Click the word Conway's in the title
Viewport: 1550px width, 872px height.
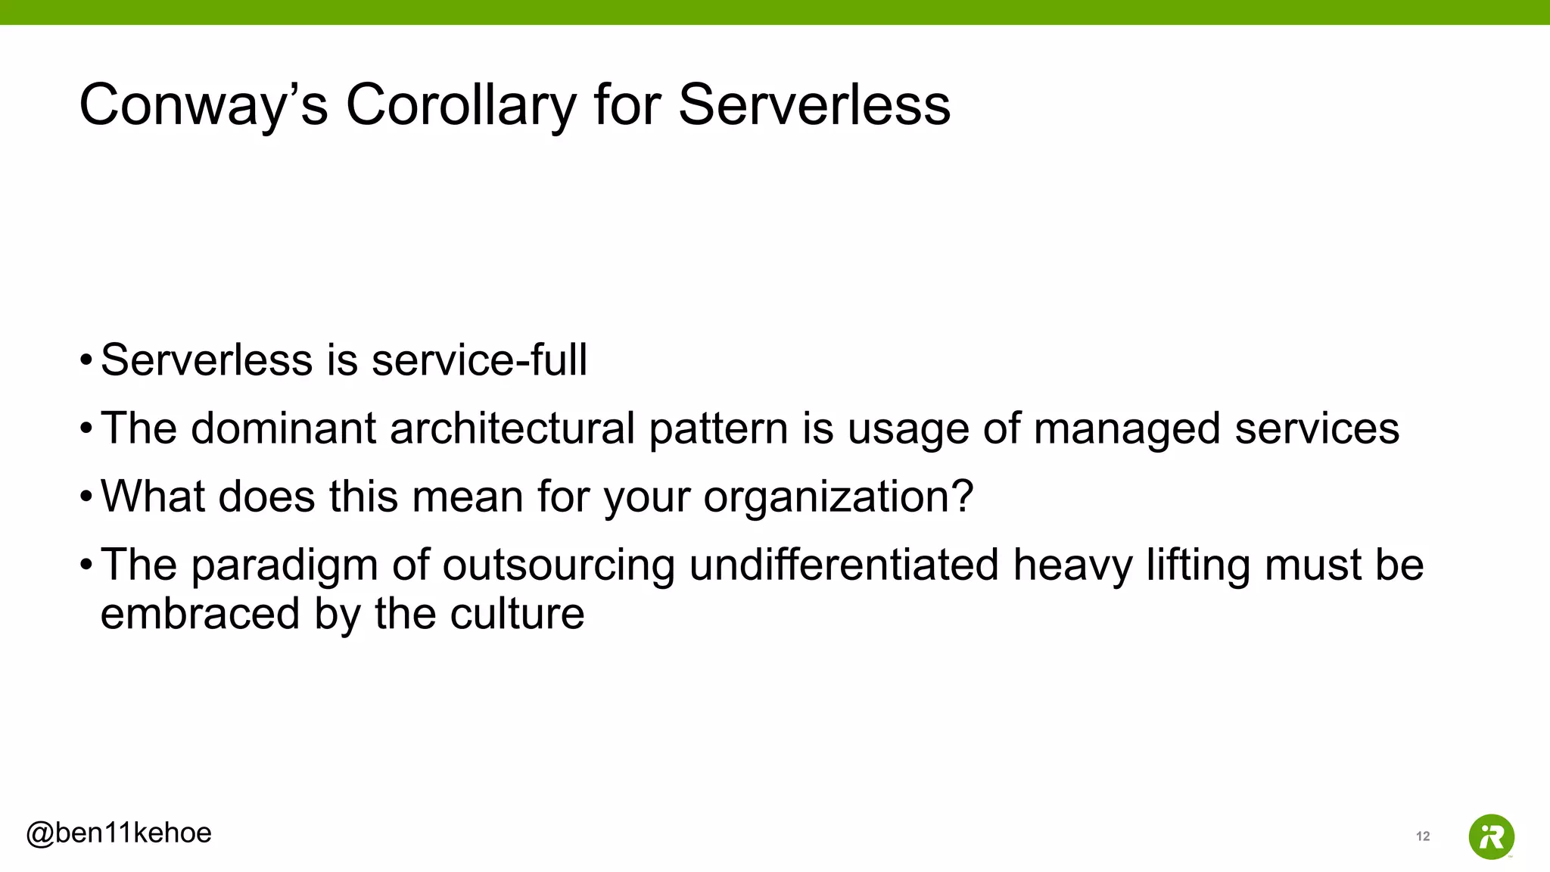pos(204,105)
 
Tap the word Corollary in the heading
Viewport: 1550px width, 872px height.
pos(462,105)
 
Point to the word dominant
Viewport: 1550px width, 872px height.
pos(283,428)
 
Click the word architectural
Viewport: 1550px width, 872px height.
pos(512,428)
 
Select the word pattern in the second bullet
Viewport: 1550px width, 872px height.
pos(718,430)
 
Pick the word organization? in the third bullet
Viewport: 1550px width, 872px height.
pos(839,498)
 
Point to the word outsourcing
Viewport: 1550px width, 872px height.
pos(559,566)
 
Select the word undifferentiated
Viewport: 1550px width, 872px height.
pos(844,565)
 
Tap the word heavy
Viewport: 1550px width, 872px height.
pos(1072,566)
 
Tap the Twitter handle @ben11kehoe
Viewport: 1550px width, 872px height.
pos(119,833)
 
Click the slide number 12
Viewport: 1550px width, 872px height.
pos(1423,836)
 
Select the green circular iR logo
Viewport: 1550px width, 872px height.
pos(1491,837)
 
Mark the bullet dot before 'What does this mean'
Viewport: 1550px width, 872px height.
pos(86,497)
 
